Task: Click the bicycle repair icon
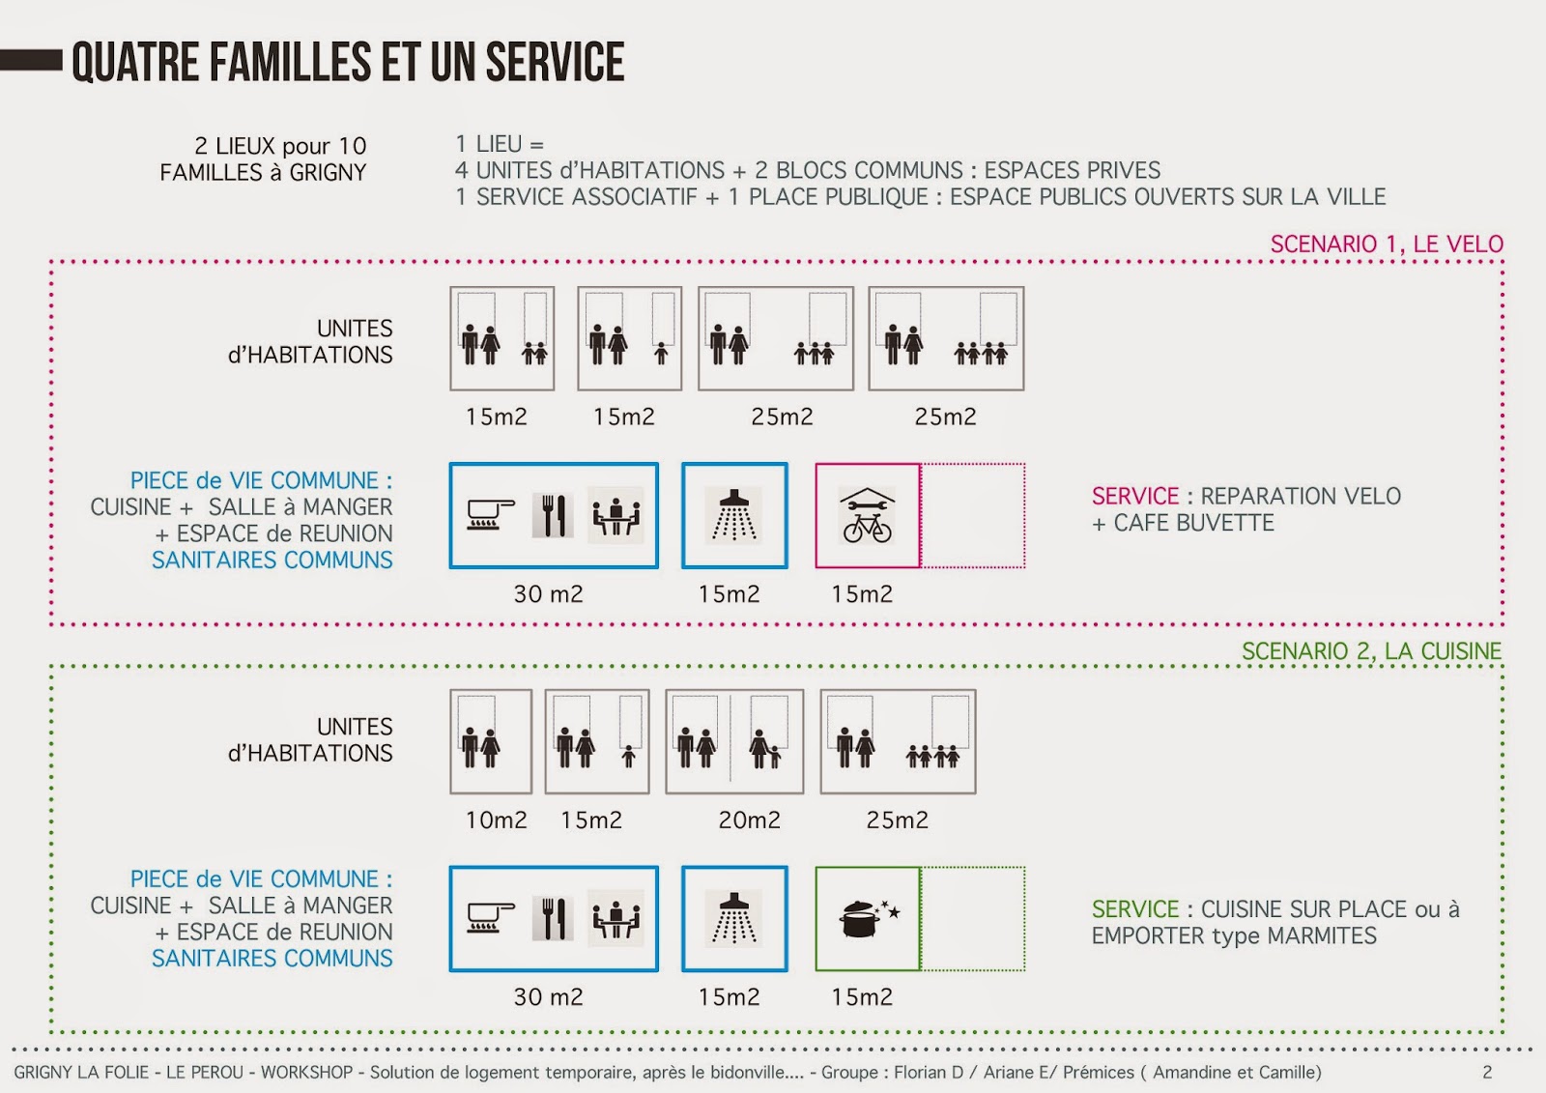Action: click(867, 515)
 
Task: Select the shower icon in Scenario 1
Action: click(734, 515)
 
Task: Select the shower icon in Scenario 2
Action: click(734, 918)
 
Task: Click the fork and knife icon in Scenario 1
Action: click(553, 515)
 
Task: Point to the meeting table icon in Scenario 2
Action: click(616, 918)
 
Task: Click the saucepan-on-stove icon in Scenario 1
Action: click(490, 515)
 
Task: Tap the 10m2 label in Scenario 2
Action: click(496, 820)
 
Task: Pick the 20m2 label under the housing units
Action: click(749, 820)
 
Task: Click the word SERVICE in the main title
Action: click(555, 63)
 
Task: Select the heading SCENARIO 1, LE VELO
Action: click(1387, 244)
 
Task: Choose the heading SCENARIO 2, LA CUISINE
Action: click(1371, 651)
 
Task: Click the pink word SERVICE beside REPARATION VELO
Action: click(1135, 497)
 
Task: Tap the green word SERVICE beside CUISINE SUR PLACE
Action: click(1135, 909)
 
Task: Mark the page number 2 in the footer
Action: click(1487, 1072)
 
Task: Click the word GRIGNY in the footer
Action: click(43, 1072)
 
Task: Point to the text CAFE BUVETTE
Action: click(1193, 523)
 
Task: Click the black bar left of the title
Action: click(31, 60)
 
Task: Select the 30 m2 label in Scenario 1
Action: click(548, 594)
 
